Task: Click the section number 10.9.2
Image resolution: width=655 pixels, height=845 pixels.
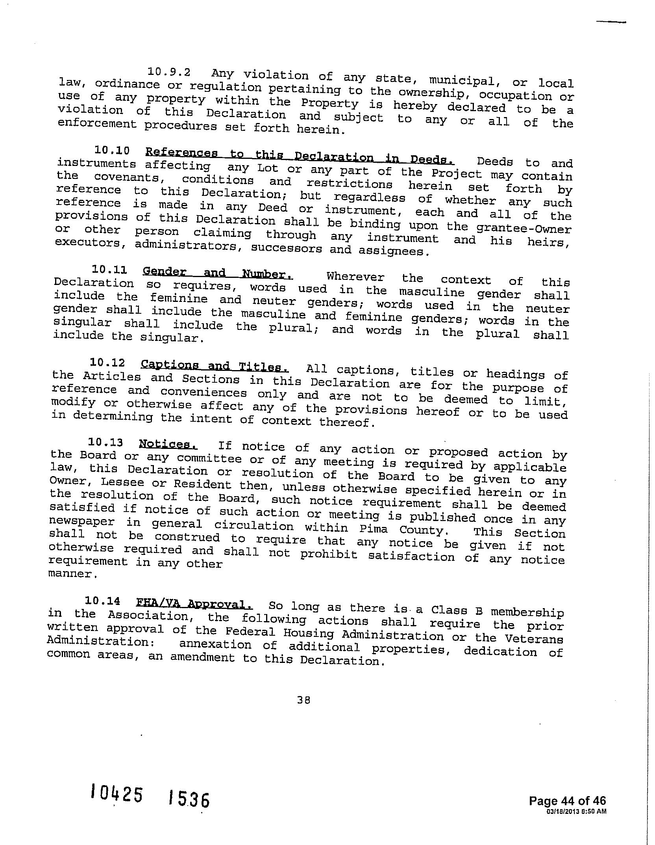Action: pos(169,72)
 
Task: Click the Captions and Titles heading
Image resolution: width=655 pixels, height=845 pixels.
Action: pos(215,366)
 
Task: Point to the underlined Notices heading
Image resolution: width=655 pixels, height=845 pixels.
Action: pos(168,445)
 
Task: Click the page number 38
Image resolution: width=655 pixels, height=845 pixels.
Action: pos(304,700)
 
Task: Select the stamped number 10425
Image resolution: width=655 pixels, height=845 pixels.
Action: pos(116,793)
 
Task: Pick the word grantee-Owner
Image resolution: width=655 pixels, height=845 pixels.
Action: pos(524,228)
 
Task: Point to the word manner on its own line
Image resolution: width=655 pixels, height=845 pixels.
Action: pos(72,573)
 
